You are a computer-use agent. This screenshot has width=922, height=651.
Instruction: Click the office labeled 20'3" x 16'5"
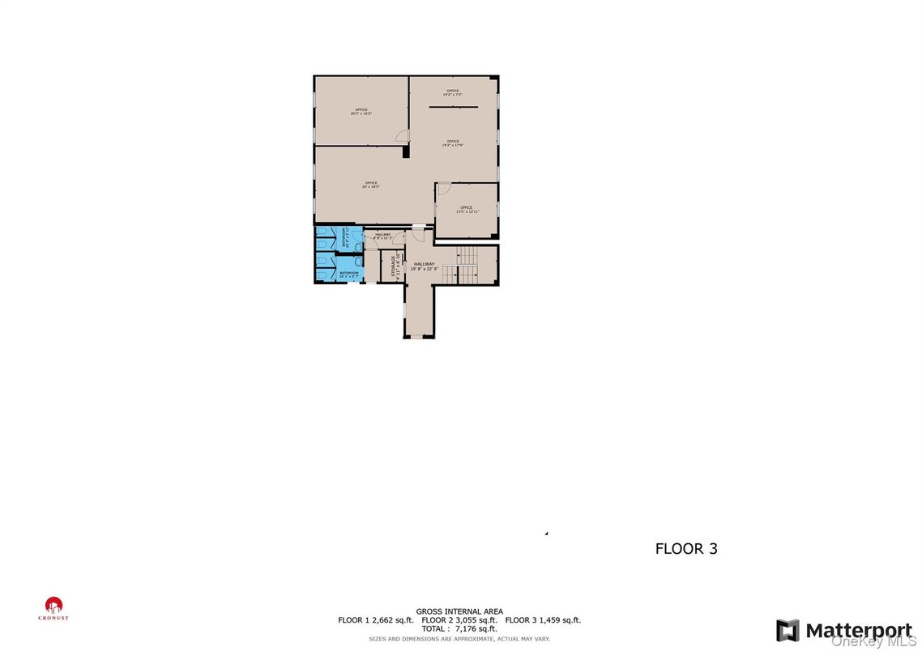click(x=361, y=112)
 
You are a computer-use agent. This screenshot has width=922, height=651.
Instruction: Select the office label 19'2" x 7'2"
click(x=452, y=92)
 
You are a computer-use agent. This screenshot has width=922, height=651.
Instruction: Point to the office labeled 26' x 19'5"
click(x=371, y=185)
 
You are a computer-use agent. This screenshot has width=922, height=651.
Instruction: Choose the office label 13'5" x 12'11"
click(x=466, y=210)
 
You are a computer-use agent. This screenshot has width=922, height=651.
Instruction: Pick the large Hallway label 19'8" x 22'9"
click(x=424, y=266)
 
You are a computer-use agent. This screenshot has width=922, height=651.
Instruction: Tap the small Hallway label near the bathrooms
click(x=382, y=236)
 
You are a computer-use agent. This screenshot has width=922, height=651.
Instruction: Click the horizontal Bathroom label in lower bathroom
click(x=349, y=274)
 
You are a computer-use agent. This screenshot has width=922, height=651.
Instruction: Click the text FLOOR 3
click(x=686, y=548)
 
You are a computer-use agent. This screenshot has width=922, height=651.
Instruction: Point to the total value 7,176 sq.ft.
click(x=459, y=628)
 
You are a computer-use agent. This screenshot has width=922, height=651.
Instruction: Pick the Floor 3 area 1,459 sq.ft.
click(x=543, y=620)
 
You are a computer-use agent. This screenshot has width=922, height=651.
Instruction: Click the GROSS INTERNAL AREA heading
click(x=459, y=611)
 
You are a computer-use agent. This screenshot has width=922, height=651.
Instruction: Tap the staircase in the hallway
click(x=468, y=265)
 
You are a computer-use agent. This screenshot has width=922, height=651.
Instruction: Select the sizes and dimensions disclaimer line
click(x=459, y=639)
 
